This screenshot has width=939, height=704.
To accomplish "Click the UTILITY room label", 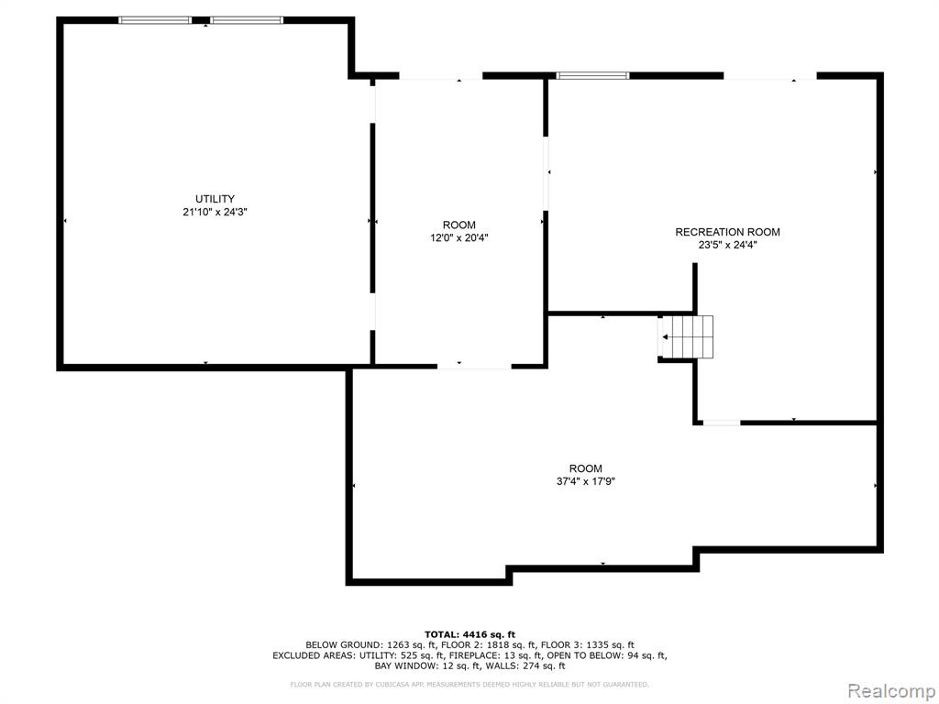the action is point(215,199).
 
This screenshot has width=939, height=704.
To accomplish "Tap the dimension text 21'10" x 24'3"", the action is point(215,212).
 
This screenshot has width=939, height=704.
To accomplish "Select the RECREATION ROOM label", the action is point(727,232).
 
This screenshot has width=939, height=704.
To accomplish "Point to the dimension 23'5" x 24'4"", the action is point(727,245).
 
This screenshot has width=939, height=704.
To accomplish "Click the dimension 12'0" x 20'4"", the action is point(459,237).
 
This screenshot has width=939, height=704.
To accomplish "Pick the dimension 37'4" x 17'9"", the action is point(586,481).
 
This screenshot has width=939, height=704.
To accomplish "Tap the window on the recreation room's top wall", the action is point(593,75).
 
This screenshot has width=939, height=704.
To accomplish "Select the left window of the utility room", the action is point(155,20).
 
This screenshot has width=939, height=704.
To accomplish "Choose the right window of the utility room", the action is point(247,20).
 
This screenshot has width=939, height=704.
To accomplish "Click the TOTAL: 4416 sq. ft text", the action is point(469,634).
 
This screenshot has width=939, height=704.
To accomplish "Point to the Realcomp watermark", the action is point(891,690).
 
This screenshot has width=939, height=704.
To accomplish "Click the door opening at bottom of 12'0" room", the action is point(474,366).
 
